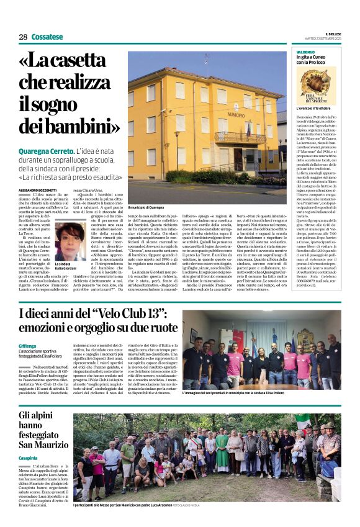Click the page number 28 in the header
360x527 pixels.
23,37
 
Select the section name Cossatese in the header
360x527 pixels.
47,37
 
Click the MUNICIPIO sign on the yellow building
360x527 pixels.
236,114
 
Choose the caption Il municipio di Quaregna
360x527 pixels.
146,207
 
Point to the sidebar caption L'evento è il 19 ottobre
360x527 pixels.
317,107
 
